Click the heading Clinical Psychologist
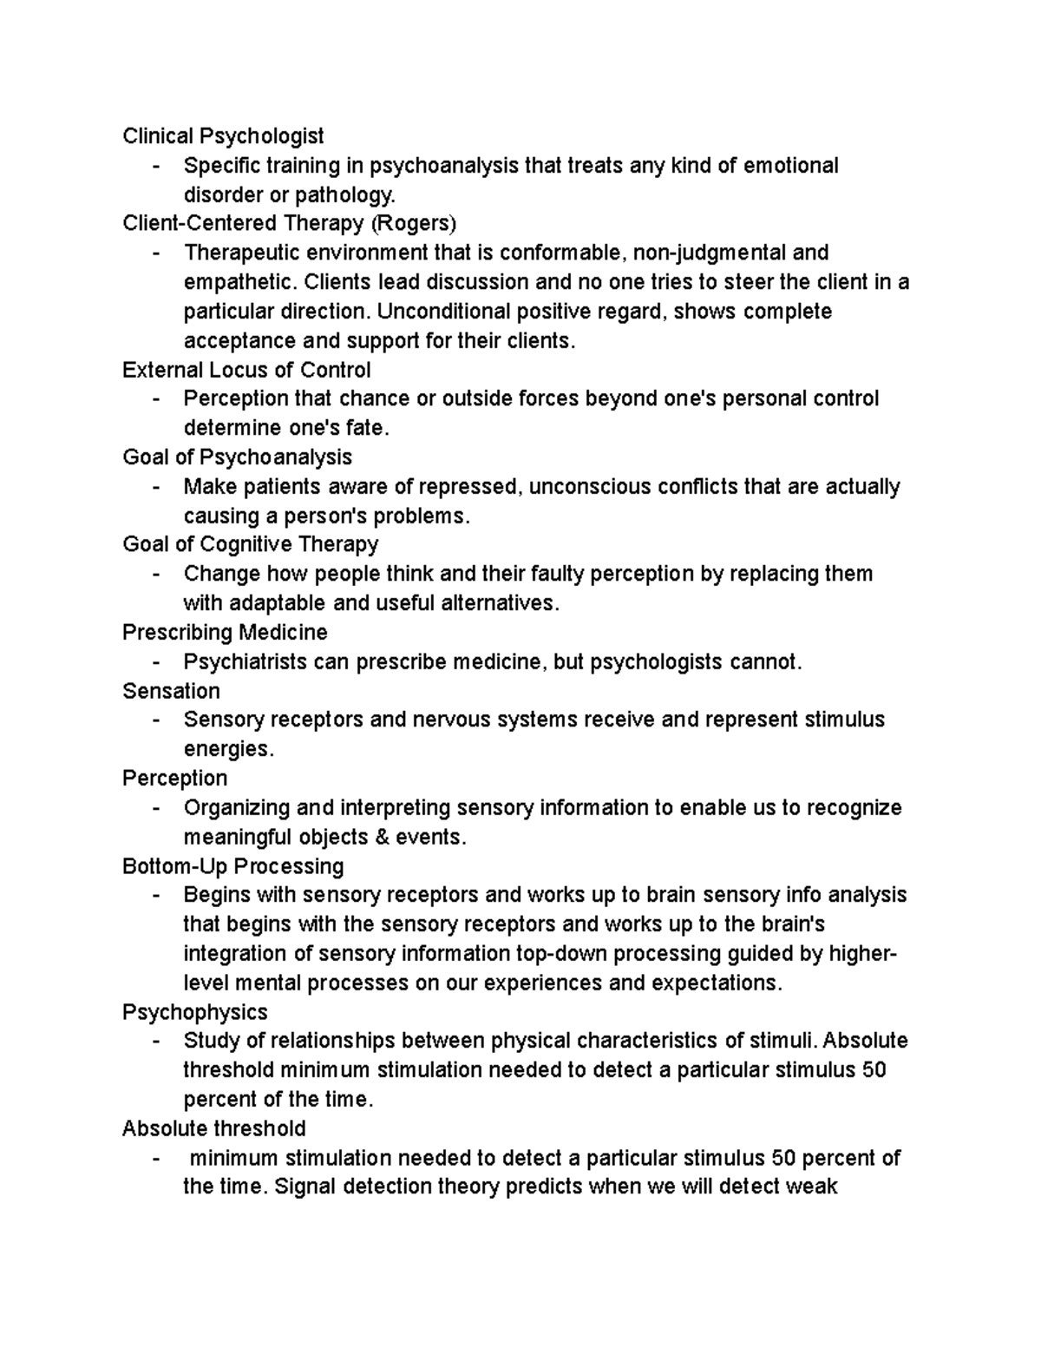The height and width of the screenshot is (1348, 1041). [223, 136]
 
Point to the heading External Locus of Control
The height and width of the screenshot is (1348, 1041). [246, 371]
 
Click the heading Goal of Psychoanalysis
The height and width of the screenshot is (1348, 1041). [237, 457]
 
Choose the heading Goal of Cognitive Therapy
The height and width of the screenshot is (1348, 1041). [250, 544]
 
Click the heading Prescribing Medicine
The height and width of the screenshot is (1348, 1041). [225, 632]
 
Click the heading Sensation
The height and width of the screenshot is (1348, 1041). [171, 691]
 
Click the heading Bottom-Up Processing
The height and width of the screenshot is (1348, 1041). [232, 866]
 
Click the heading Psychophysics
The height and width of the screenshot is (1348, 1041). [194, 1012]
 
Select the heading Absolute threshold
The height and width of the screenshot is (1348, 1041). [213, 1128]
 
